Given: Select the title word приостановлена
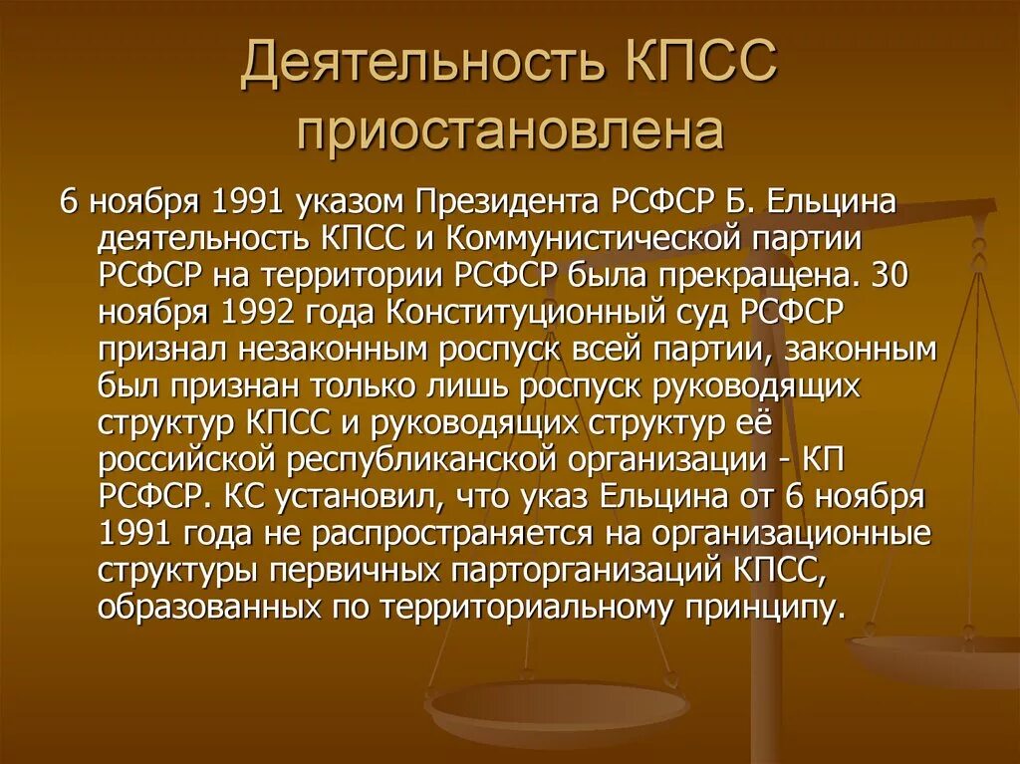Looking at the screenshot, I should click(x=510, y=133).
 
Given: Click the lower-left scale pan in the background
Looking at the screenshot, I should click(x=557, y=709).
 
